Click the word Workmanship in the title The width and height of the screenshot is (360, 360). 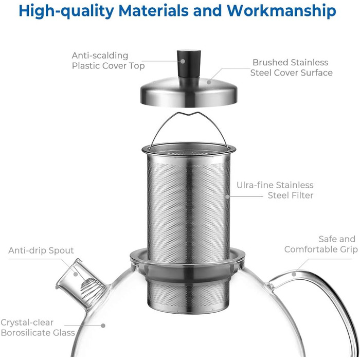click(x=281, y=11)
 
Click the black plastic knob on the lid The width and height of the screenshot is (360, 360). click(x=189, y=64)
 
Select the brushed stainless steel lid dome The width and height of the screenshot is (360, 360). click(x=189, y=92)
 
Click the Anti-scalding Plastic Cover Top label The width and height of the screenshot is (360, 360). click(x=108, y=61)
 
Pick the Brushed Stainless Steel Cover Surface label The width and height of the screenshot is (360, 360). click(x=291, y=67)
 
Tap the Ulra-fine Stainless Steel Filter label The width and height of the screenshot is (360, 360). click(x=275, y=190)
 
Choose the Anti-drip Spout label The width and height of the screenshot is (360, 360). click(x=41, y=250)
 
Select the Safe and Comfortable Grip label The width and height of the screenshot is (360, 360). click(x=321, y=244)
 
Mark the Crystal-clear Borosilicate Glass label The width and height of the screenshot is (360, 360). click(x=38, y=328)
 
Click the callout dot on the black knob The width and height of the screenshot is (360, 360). click(x=183, y=61)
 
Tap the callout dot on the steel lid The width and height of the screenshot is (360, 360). click(x=209, y=82)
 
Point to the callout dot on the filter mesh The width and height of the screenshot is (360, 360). click(x=227, y=196)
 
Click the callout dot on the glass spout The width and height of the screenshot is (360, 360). click(x=76, y=274)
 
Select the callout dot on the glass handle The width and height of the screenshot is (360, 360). click(x=294, y=274)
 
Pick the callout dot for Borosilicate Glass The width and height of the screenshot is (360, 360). click(x=103, y=326)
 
